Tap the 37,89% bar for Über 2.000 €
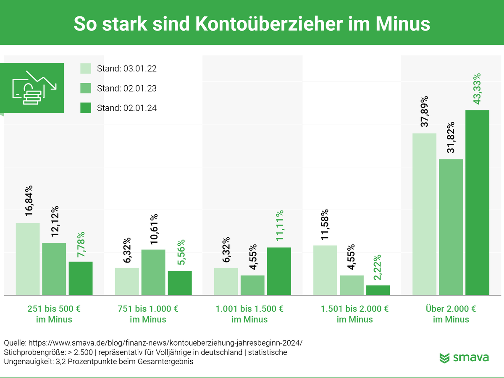click(x=424, y=214)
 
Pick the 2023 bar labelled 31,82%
click(x=451, y=227)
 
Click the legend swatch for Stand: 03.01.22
click(x=86, y=68)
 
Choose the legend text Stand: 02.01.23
click(x=126, y=88)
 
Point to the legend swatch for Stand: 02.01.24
click(x=86, y=108)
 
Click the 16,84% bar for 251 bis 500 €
click(x=28, y=259)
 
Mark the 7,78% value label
click(x=81, y=245)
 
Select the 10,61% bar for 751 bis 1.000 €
click(x=153, y=272)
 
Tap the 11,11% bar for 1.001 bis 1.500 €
click(x=279, y=271)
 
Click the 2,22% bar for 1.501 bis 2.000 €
click(x=378, y=290)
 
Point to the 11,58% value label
click(x=325, y=225)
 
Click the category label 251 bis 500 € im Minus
click(x=54, y=314)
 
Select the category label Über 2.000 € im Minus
click(x=451, y=314)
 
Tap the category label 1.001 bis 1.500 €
click(x=249, y=309)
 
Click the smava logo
click(x=464, y=358)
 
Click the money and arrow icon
click(x=34, y=88)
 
